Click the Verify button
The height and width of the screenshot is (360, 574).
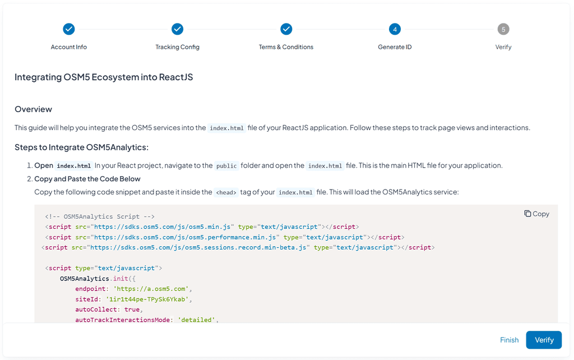click(544, 340)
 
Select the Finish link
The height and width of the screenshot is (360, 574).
click(509, 340)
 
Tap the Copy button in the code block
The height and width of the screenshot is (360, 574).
click(536, 214)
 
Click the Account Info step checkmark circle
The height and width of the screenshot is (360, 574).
click(69, 29)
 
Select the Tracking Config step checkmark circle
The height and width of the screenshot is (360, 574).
click(177, 29)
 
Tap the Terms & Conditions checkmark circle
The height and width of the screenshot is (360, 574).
click(286, 29)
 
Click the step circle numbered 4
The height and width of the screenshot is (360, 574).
click(395, 29)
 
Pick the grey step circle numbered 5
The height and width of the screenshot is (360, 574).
click(503, 29)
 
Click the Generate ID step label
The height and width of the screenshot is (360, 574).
click(395, 47)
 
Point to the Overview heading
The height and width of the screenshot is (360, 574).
click(33, 109)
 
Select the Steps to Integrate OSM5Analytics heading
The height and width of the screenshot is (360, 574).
click(81, 147)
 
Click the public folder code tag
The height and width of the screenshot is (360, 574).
click(226, 166)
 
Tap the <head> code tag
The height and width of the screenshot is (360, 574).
click(226, 192)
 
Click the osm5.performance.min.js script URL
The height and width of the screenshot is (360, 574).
click(182, 237)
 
